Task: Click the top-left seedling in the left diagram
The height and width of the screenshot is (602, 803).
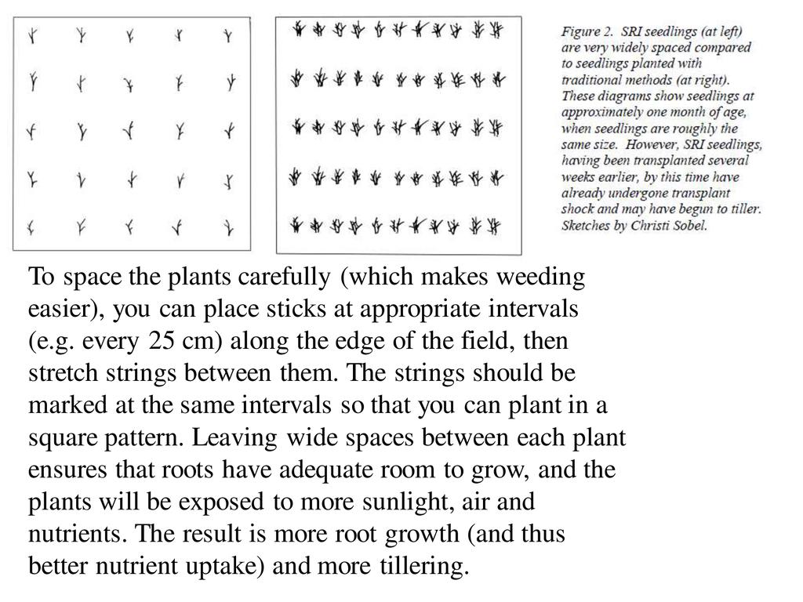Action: (x=32, y=35)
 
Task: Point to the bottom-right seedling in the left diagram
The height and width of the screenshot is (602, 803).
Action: (x=227, y=228)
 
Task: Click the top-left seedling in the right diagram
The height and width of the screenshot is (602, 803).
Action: (x=299, y=30)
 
